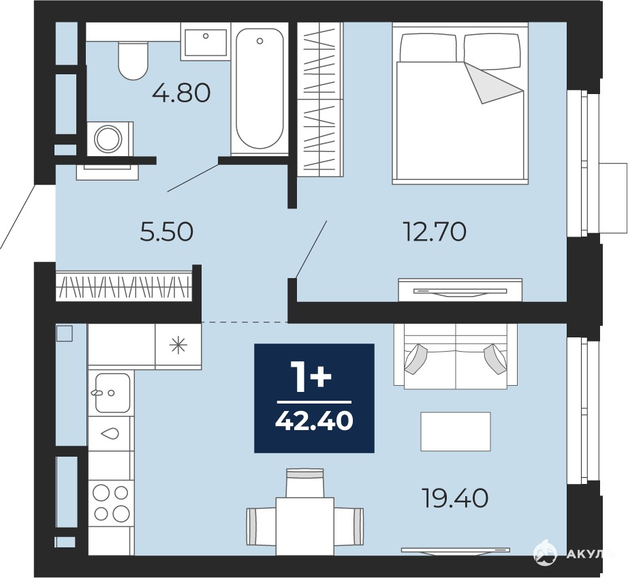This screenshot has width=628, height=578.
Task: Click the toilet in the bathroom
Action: pos(133,60)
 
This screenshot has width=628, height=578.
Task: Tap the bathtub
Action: pos(260,89)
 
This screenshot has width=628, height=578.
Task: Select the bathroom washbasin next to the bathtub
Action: pos(206,42)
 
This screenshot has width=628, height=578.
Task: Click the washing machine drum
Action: pos(108,138)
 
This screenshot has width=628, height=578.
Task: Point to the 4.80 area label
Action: pos(181,93)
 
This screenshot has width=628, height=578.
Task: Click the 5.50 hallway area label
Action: pos(167,232)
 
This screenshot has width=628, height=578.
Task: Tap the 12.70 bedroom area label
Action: pos(435,232)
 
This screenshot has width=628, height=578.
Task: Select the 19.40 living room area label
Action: pos(456,498)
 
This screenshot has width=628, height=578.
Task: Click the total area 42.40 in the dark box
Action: pos(314,421)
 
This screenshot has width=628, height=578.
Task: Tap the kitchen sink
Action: pos(112,393)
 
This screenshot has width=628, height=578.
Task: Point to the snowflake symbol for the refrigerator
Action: pos(178,346)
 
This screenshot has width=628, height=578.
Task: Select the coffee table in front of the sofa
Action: pos(456,431)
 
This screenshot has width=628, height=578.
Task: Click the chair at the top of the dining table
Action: pos(304,483)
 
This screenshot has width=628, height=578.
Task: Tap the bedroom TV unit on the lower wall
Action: pos(460,290)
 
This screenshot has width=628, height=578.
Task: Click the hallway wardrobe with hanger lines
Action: pos(124,286)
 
